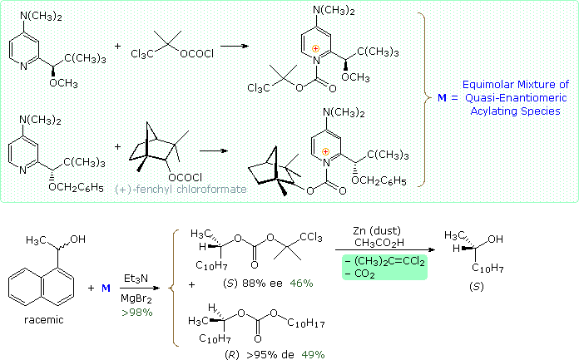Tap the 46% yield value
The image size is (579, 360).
click(301, 284)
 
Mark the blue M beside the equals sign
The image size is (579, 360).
click(429, 98)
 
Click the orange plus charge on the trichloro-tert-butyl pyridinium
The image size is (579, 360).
click(314, 49)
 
